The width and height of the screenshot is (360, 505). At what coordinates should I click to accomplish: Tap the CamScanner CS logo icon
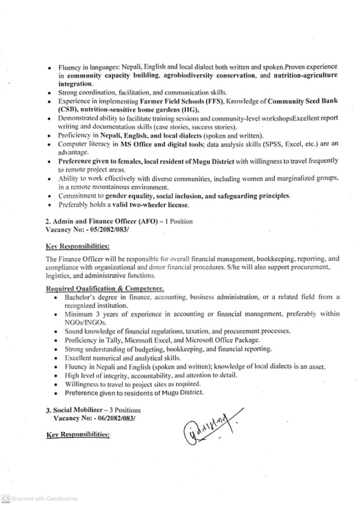click(5, 499)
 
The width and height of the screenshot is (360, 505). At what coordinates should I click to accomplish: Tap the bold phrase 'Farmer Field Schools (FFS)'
click(182, 101)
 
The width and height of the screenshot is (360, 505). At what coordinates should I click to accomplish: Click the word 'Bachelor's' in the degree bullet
click(79, 297)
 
